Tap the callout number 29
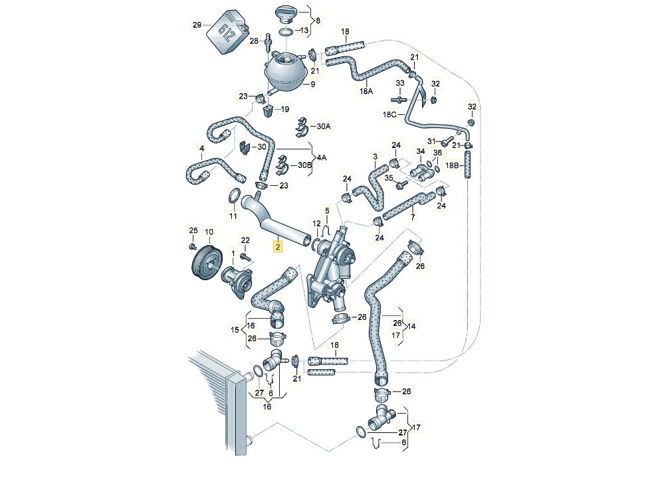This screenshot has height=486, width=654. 197,25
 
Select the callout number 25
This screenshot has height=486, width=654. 193,231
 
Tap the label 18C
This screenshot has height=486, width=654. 389,114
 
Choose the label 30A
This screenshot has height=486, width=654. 324,125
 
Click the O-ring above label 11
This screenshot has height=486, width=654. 234,197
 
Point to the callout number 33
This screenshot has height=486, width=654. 400,83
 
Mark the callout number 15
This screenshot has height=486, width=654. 234,329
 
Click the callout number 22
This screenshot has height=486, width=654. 245,240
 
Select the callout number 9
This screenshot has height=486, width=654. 312,85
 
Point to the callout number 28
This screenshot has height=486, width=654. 253,41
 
